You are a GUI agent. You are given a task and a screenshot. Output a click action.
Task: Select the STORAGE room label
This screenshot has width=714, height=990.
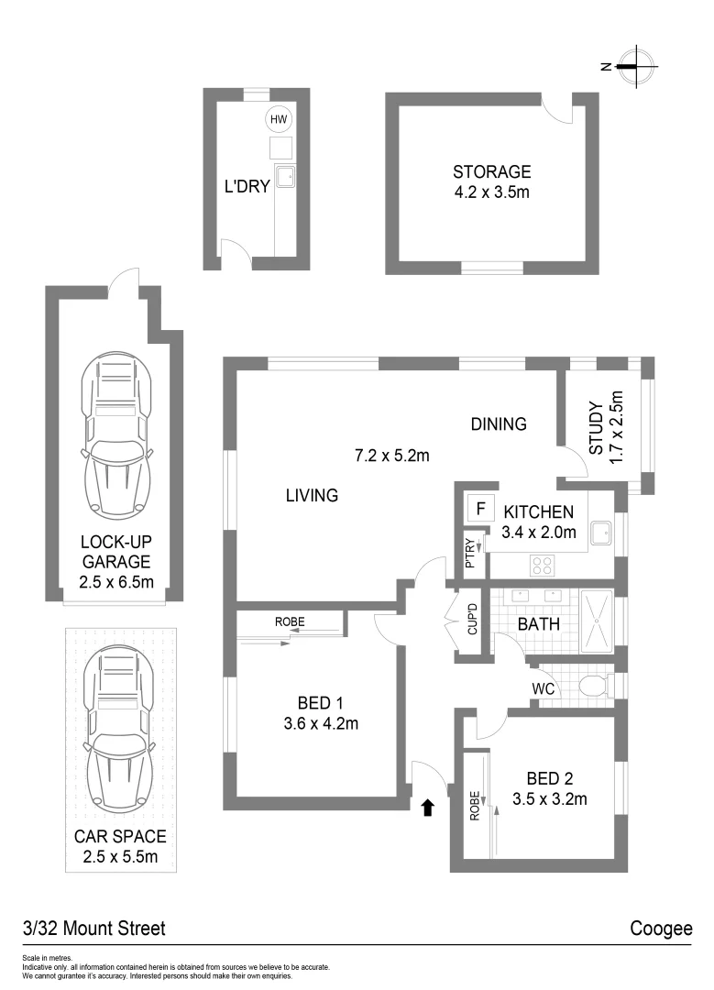click(x=491, y=171)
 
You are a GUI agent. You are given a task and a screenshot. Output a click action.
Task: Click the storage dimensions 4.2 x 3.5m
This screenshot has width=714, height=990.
click(x=491, y=192)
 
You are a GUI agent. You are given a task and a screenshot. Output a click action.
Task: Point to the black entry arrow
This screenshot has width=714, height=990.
click(x=426, y=807)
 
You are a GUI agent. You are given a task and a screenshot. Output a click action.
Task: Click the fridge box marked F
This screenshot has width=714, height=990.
click(x=477, y=508)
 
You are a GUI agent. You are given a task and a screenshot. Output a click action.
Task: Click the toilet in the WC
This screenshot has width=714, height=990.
click(x=596, y=686)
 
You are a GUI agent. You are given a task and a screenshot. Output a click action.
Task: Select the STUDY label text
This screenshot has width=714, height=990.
click(x=595, y=428)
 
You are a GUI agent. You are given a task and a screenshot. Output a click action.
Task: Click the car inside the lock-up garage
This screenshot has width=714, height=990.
click(x=115, y=435)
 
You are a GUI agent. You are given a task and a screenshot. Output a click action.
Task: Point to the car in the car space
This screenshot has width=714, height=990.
click(x=115, y=729)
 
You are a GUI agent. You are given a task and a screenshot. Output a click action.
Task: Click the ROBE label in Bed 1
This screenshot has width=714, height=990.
click(x=290, y=622)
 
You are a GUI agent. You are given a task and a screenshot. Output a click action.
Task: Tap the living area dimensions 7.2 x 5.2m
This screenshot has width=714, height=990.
click(x=392, y=455)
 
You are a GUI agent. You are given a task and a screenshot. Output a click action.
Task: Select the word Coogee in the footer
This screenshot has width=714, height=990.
click(x=660, y=929)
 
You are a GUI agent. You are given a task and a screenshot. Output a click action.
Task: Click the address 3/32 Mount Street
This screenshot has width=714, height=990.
click(x=94, y=929)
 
